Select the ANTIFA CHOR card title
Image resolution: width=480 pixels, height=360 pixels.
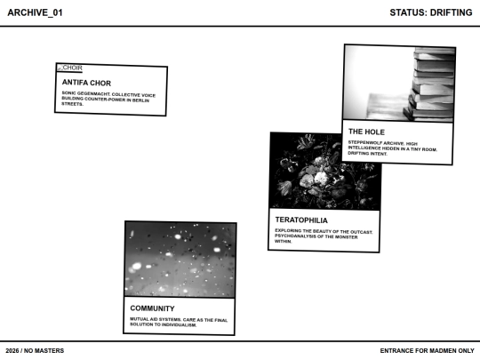pos(86,83)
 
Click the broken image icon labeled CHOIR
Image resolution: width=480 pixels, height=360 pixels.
pos(69,68)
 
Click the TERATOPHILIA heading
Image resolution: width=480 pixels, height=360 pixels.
pos(302,220)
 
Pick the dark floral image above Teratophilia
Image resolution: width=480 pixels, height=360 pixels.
pos(324,170)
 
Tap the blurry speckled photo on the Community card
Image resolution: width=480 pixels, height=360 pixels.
pos(180,259)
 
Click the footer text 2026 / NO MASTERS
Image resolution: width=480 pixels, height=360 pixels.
pos(35,350)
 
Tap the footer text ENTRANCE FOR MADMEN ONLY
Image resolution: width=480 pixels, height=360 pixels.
pos(427,350)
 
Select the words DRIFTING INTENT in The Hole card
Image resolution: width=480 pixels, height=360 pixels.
pos(369,154)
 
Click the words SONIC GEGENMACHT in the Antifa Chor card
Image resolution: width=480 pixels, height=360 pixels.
pos(86,92)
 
